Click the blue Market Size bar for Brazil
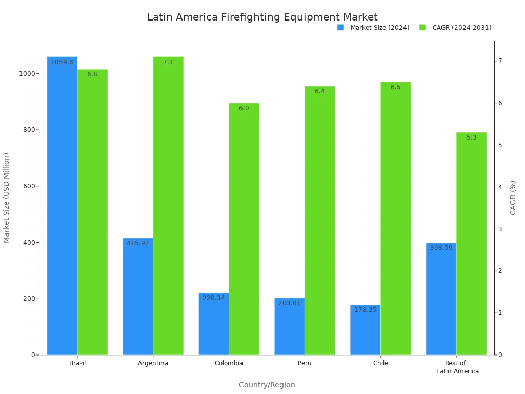62,205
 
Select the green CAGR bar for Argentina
168,205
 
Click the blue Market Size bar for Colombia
213,324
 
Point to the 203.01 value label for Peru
290,303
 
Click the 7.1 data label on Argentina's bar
168,62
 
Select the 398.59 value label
441,248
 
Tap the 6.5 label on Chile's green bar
395,87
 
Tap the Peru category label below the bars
305,363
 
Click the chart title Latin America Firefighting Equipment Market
262,17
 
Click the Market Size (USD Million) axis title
7,198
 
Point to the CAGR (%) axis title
513,198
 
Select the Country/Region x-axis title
267,385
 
